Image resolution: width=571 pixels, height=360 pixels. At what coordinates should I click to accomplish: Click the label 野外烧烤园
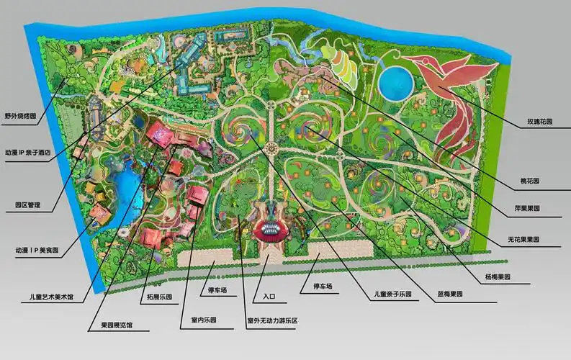19,114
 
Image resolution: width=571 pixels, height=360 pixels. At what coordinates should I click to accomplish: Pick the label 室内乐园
204,319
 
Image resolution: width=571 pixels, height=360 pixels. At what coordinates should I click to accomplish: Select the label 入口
270,295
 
